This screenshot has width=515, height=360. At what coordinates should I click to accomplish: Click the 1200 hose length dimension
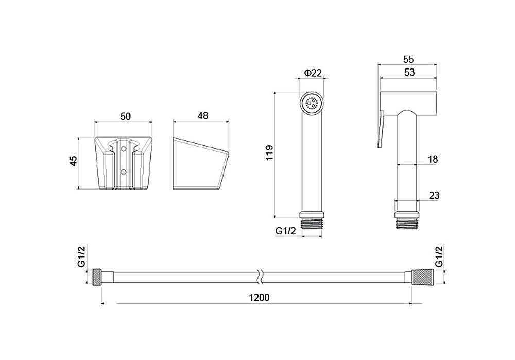tap(259, 297)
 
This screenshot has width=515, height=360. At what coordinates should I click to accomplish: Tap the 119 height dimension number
tap(269, 152)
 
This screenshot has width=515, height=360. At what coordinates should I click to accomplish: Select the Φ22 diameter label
tap(313, 73)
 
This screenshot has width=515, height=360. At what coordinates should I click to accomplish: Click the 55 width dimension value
tap(408, 59)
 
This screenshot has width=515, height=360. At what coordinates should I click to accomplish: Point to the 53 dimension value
tap(409, 72)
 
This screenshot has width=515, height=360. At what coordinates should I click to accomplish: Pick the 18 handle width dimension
tap(433, 159)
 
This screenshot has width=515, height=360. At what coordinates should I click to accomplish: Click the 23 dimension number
tap(434, 195)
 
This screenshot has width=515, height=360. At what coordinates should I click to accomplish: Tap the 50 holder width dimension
tap(126, 116)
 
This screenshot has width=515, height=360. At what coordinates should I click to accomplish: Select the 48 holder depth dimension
tap(202, 115)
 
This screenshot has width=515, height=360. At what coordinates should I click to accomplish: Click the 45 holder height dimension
tap(74, 161)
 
